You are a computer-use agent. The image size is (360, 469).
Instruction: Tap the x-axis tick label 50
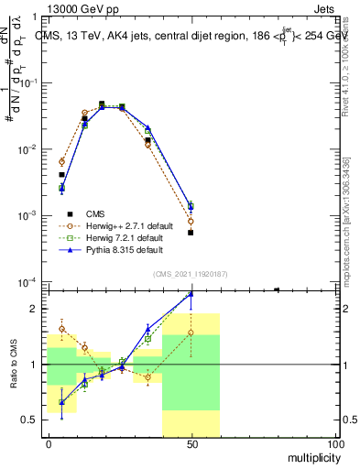(191, 444)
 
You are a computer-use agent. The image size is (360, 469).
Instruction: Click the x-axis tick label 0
(49, 444)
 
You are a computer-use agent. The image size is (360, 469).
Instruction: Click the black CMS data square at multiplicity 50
(191, 233)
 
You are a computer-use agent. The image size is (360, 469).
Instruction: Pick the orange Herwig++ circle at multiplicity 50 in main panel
(191, 222)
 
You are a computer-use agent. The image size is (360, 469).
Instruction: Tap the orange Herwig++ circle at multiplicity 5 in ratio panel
(61, 329)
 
